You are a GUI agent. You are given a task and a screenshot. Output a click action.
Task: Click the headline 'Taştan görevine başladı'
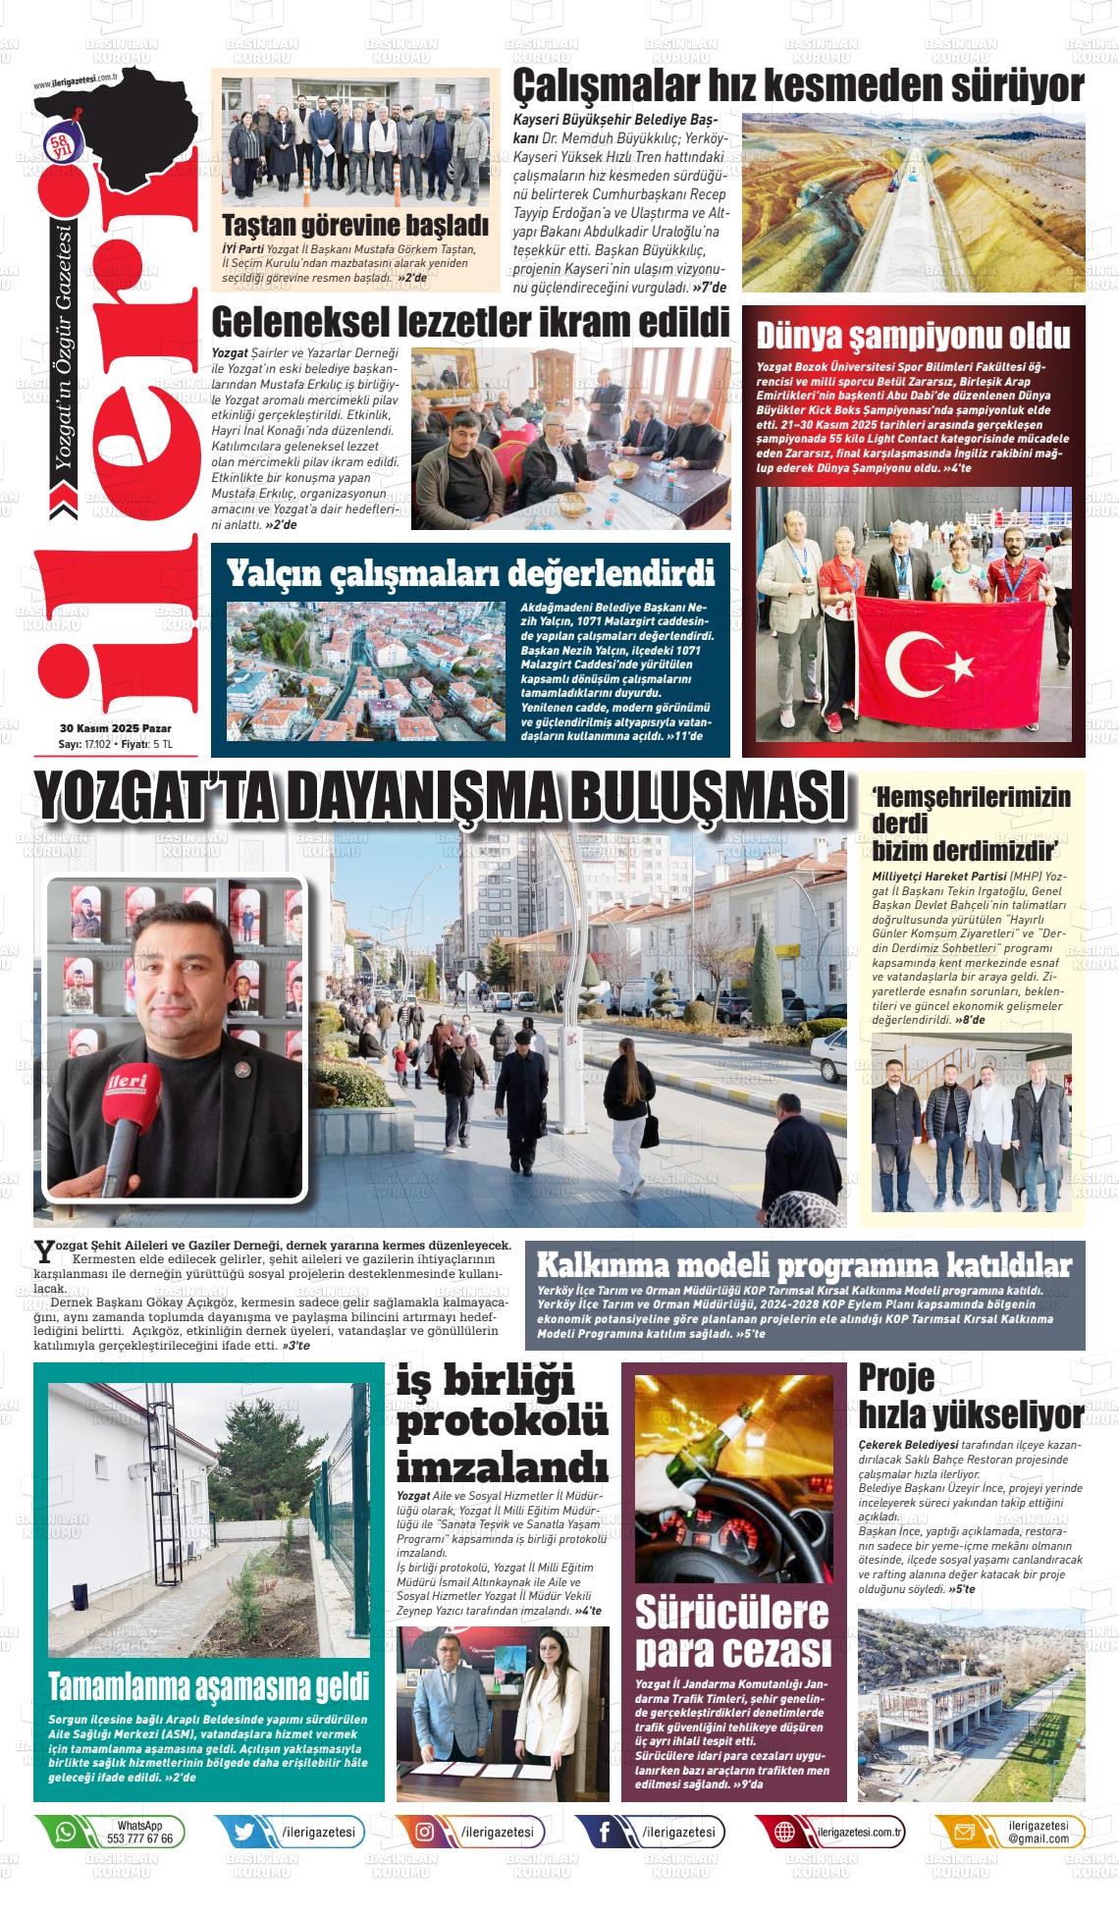pos(354,225)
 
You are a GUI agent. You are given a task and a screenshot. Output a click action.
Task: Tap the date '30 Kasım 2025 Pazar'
pos(115,728)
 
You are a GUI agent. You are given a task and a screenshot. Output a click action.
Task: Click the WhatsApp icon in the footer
pos(66,1832)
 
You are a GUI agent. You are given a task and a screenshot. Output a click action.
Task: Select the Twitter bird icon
pos(244,1832)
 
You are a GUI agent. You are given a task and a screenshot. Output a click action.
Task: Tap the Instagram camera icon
pos(425,1832)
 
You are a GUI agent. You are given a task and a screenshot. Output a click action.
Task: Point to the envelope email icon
pos(965,1832)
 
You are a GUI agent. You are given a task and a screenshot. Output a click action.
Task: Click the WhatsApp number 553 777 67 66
pos(139,1838)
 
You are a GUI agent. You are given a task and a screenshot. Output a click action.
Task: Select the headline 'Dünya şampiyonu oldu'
pos(912,336)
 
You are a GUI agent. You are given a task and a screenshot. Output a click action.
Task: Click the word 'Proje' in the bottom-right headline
pos(896,1377)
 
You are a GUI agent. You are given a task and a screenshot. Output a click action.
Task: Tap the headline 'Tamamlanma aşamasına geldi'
pos(209,1686)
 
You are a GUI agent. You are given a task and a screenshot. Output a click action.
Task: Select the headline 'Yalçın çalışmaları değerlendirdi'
pos(470,573)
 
